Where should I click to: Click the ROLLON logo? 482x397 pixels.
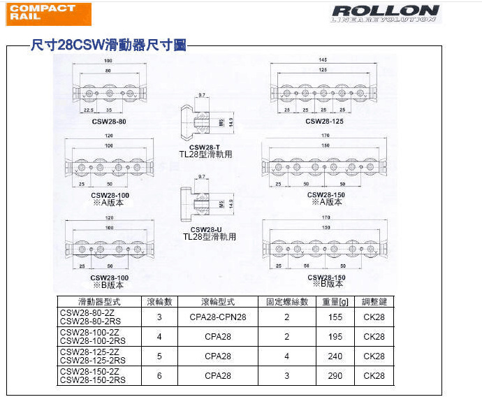click(x=386, y=13)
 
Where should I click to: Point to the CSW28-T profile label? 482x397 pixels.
click(x=205, y=145)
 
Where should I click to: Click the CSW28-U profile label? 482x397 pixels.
click(x=205, y=229)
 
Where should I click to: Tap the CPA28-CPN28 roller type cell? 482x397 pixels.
click(x=218, y=317)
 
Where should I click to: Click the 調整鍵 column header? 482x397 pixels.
click(x=374, y=302)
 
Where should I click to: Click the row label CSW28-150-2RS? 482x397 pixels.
click(x=93, y=380)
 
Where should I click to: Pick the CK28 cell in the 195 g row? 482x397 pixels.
click(x=374, y=336)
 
